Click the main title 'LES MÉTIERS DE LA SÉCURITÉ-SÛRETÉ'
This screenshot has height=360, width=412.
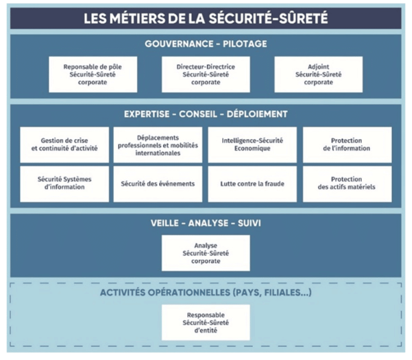point(206,19)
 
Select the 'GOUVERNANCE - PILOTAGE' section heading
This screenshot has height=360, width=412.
point(206,44)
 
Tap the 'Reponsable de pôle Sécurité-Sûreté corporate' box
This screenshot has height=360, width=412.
point(93,74)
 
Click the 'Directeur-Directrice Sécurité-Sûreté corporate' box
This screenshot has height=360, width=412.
point(206,74)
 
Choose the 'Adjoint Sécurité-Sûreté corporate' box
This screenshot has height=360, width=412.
point(319,74)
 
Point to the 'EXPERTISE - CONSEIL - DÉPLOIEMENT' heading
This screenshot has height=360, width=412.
point(206,114)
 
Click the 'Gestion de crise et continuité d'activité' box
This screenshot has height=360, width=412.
point(64,145)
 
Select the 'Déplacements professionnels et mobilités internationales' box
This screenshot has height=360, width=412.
point(158,145)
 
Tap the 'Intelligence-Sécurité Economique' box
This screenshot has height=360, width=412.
point(252,145)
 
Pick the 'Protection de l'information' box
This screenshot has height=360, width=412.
point(347,145)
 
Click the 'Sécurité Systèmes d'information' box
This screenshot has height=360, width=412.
point(64,184)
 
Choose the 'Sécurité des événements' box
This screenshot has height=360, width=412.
point(158,184)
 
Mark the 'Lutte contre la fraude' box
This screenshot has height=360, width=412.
point(252,184)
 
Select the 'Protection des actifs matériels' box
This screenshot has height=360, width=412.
point(347,184)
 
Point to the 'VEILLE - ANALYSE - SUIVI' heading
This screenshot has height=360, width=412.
point(206,223)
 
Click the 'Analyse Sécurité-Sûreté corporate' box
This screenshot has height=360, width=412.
point(206,253)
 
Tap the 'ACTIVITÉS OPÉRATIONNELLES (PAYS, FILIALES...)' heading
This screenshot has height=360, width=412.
point(206,292)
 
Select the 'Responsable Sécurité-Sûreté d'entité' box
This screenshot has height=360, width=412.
point(206,323)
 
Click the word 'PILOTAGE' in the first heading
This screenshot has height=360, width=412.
point(245,44)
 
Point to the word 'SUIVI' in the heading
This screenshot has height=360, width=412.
point(249,223)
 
